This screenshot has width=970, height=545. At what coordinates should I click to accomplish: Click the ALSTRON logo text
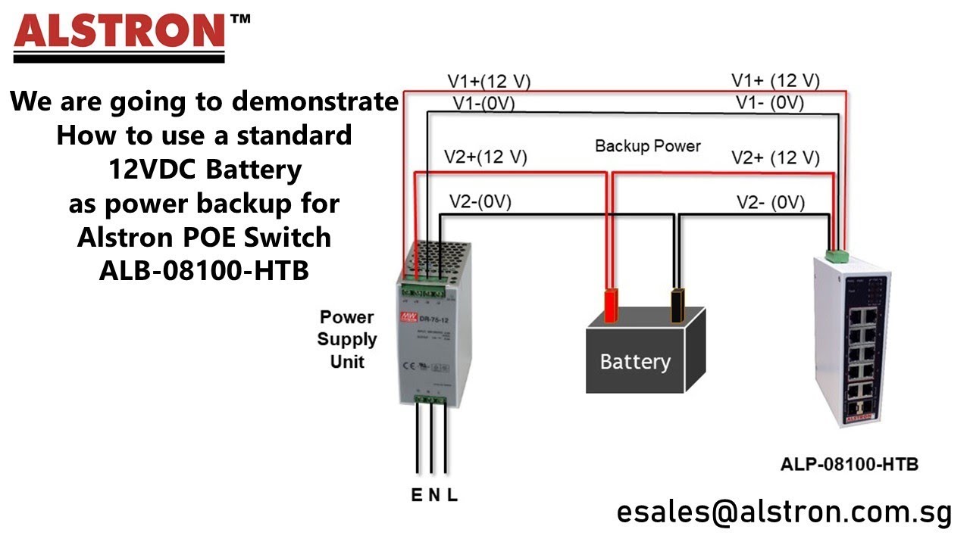120,32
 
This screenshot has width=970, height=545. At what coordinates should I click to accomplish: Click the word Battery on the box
635,362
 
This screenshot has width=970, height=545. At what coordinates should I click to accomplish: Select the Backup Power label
648,146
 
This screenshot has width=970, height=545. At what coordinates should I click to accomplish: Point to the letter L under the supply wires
452,496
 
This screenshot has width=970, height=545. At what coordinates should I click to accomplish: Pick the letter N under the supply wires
434,496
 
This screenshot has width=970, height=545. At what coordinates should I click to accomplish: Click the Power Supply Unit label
346,339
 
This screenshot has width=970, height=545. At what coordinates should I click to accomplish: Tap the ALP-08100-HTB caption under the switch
849,464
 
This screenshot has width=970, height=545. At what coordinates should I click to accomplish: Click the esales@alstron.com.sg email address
784,512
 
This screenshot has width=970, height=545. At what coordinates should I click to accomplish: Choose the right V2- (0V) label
771,203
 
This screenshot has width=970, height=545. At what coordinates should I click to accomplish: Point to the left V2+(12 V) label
485,157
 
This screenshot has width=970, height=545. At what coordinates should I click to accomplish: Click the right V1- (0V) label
771,104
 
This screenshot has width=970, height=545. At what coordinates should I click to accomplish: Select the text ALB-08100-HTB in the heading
204,270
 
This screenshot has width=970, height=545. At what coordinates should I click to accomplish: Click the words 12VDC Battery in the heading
204,170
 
